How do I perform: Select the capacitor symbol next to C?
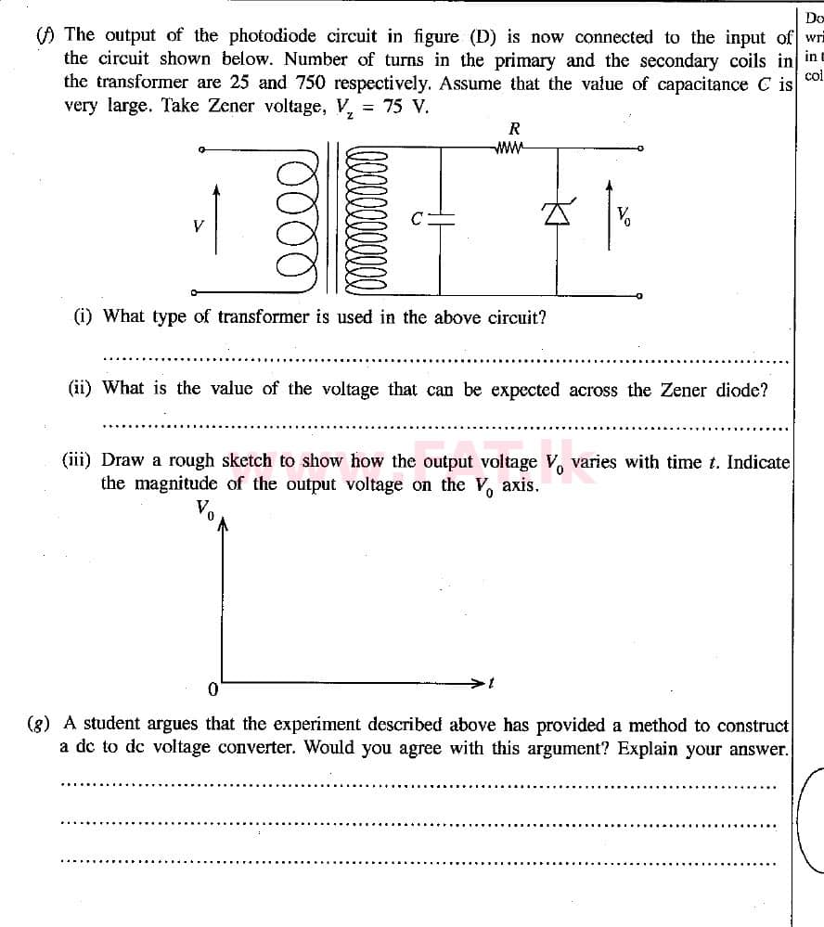442,219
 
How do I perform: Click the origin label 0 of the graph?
212,689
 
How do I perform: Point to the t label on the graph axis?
492,684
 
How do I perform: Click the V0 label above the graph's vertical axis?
204,509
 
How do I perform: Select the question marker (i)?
84,316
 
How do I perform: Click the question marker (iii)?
78,460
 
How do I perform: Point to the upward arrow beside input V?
216,218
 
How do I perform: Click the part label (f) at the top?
44,36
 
